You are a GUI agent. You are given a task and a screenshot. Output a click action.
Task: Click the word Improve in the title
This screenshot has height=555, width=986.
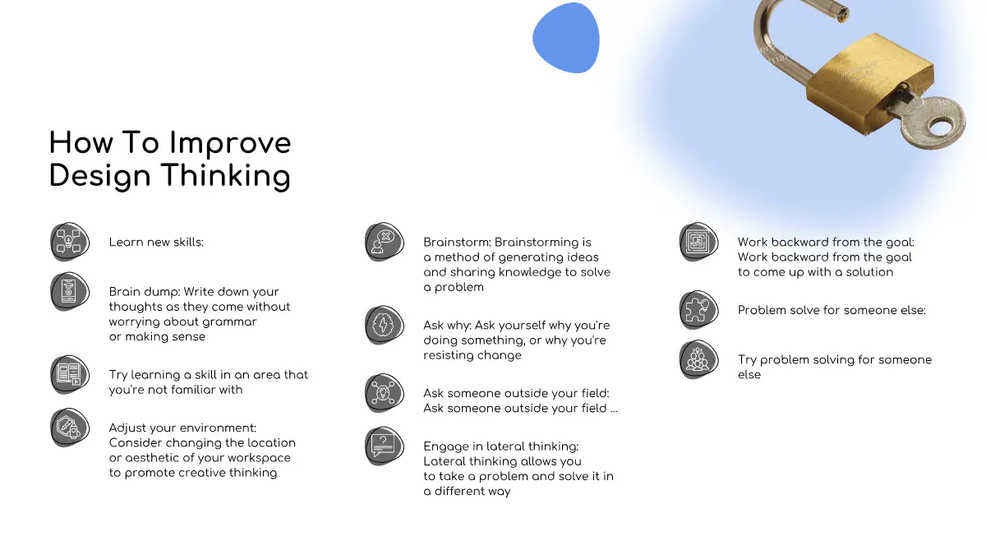230,145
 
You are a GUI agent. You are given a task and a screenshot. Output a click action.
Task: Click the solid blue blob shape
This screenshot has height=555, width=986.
566,38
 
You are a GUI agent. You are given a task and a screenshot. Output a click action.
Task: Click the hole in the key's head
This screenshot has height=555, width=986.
941,128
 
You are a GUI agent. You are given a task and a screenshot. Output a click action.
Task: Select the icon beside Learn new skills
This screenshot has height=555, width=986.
70,242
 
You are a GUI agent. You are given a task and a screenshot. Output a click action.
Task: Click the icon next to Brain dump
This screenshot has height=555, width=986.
70,292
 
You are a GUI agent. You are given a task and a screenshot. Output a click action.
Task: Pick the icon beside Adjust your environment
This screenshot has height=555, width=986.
70,428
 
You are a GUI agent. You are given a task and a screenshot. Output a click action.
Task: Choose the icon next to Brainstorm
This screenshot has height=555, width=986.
385,242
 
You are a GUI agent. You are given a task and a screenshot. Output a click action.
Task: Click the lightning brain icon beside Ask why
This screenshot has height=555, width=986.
385,325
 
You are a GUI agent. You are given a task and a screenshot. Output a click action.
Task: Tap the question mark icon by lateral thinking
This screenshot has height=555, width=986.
385,446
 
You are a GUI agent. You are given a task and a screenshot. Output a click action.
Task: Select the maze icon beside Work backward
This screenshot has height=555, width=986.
698,242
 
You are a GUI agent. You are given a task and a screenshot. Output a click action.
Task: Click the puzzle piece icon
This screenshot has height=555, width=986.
698,310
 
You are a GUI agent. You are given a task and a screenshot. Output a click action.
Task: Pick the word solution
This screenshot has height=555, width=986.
869,272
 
